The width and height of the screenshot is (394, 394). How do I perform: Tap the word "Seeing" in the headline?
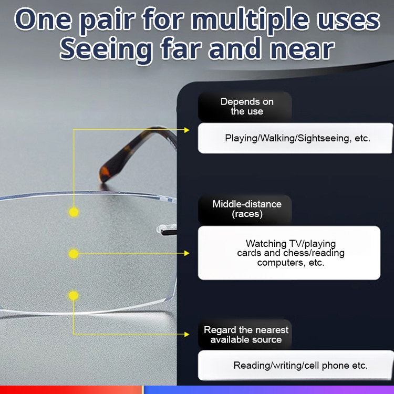[x=105, y=49]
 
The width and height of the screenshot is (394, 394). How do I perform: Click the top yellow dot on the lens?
[x=74, y=212]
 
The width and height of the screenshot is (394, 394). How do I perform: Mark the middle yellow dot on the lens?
[x=74, y=254]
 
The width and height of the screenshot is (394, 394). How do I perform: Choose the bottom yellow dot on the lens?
[x=74, y=295]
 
